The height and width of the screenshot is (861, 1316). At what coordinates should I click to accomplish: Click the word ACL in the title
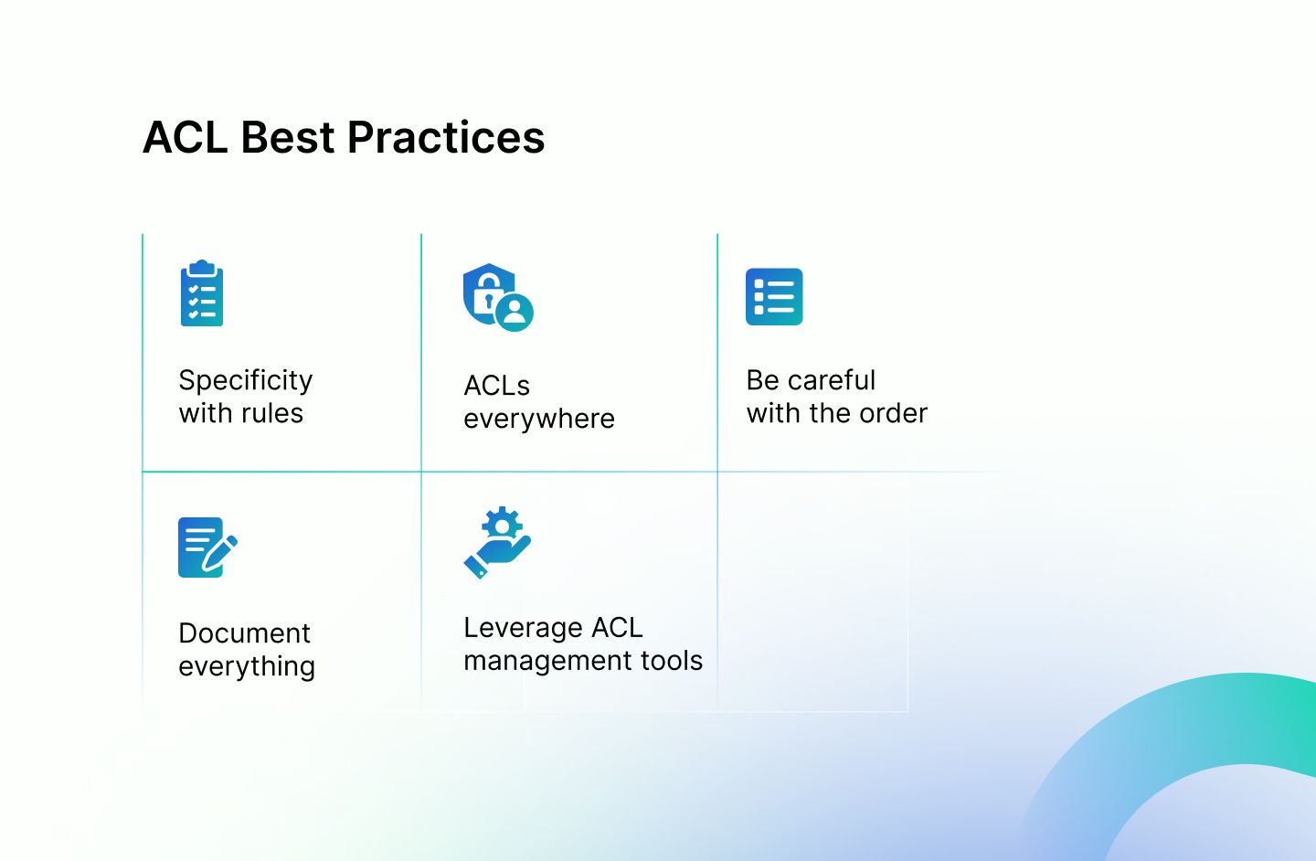(185, 137)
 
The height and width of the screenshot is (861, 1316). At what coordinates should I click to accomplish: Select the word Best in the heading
(288, 137)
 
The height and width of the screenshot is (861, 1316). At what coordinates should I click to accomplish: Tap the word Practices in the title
(446, 137)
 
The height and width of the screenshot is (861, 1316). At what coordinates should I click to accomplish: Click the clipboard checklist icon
(201, 292)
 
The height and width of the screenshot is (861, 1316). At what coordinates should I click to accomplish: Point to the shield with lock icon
(497, 297)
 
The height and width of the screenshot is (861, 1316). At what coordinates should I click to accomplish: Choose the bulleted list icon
(774, 297)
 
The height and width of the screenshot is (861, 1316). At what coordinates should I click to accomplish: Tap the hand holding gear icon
(497, 542)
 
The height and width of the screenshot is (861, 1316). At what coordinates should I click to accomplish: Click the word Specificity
(246, 381)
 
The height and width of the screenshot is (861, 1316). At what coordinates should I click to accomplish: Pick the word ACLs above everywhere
(496, 386)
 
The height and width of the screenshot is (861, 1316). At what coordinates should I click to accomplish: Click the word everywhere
(539, 420)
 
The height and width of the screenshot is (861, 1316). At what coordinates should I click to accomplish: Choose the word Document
(244, 633)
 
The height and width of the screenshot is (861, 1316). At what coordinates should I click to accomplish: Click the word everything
(247, 667)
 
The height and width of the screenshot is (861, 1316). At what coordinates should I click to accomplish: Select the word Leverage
(523, 628)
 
